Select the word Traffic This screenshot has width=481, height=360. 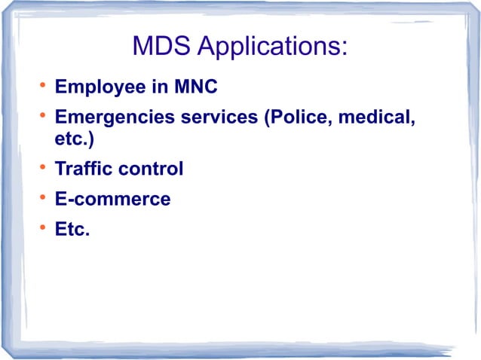[x=84, y=169]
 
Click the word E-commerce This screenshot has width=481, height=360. [x=112, y=200]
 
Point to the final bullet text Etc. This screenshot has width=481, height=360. [x=72, y=230]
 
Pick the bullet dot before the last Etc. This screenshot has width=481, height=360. [x=44, y=227]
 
